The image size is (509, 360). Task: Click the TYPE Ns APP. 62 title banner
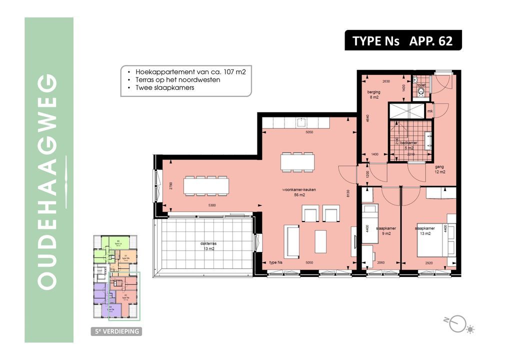tap(402, 40)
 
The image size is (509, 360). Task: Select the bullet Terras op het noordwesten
tap(177, 79)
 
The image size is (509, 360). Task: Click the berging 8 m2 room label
tap(373, 95)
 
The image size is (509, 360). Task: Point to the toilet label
tap(421, 85)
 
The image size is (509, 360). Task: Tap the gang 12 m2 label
tap(439, 169)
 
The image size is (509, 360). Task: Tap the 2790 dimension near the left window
tap(171, 186)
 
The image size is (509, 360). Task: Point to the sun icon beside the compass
tap(470, 329)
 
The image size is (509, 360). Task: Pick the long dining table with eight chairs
tap(206, 186)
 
